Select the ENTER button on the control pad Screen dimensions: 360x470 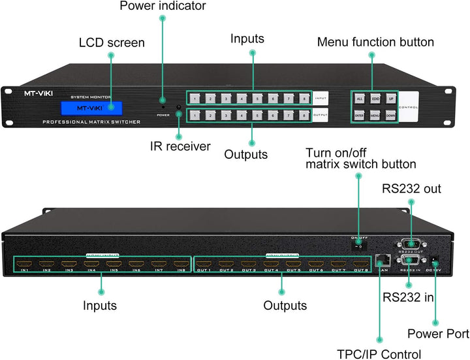pyautogui.click(x=359, y=116)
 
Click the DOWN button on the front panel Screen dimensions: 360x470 pyautogui.click(x=390, y=116)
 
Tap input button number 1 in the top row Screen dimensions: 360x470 pyautogui.click(x=194, y=99)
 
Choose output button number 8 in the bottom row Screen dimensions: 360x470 pyautogui.click(x=304, y=116)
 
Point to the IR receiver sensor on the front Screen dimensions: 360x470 pyautogui.click(x=177, y=106)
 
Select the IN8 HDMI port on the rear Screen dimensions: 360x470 pyautogui.click(x=180, y=264)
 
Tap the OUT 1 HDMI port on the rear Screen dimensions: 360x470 pyautogui.click(x=204, y=264)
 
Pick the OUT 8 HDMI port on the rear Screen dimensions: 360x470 pyautogui.click(x=360, y=264)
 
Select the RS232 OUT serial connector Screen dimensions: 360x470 pyautogui.click(x=410, y=242)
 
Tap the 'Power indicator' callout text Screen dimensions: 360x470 pyautogui.click(x=163, y=6)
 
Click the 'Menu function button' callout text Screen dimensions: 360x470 pyautogui.click(x=375, y=42)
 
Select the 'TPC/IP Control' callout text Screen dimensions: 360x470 pyautogui.click(x=379, y=354)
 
